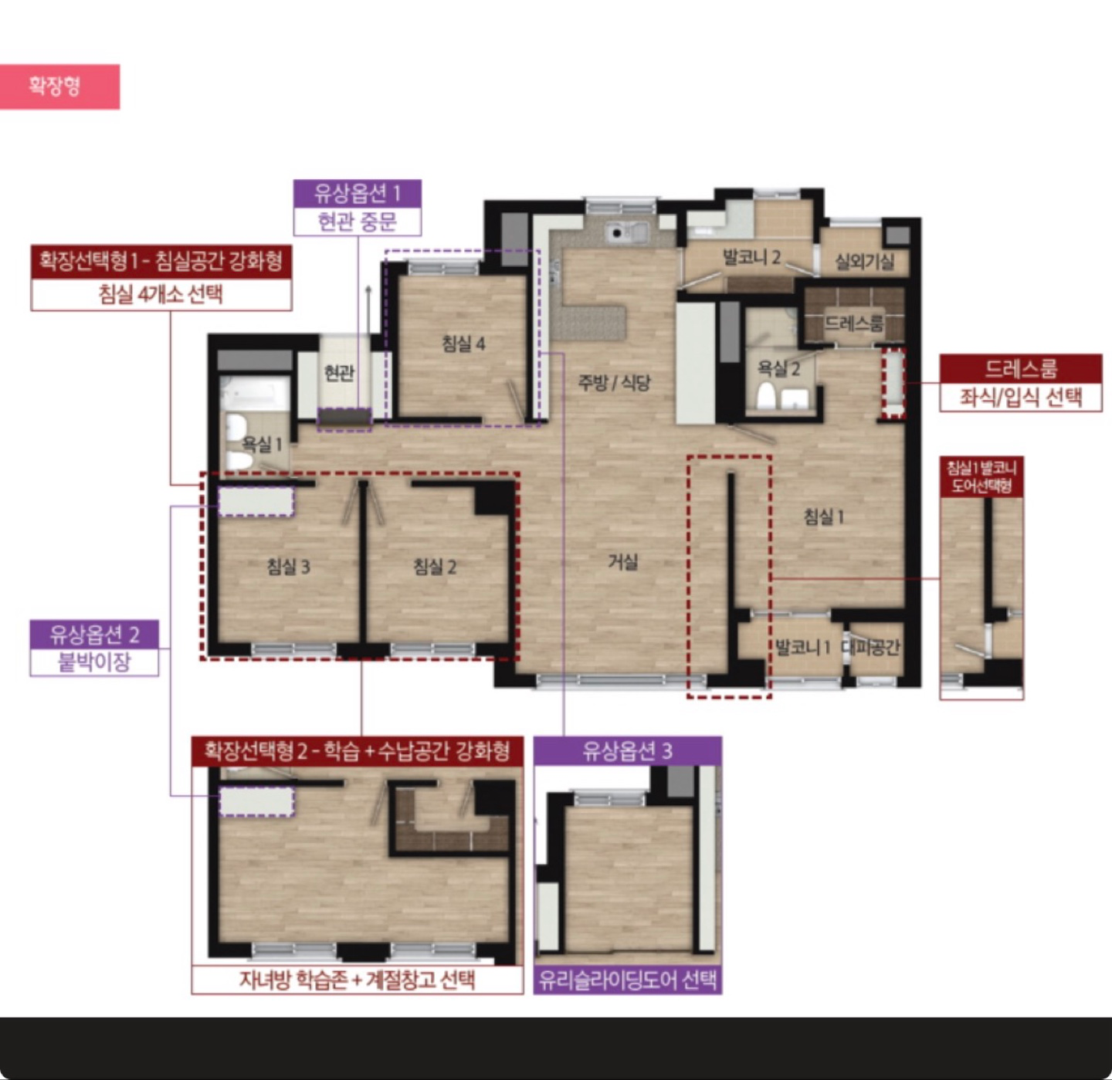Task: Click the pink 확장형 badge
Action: click(59, 86)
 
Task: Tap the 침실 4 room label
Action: click(463, 344)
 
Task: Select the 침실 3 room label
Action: click(289, 567)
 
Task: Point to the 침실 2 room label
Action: click(435, 567)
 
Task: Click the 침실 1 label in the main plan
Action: click(824, 517)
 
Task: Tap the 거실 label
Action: click(623, 562)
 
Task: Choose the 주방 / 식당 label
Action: click(614, 383)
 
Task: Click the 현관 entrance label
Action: click(339, 373)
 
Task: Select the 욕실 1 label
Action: click(262, 444)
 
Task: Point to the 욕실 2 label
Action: click(779, 368)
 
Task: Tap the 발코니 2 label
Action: click(751, 258)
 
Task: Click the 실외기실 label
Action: click(865, 262)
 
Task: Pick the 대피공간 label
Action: click(871, 647)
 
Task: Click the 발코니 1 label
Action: click(802, 647)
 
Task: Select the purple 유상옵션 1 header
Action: click(358, 194)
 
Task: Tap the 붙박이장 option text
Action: click(94, 662)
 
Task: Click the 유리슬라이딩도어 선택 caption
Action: click(628, 980)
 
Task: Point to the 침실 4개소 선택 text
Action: click(161, 295)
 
